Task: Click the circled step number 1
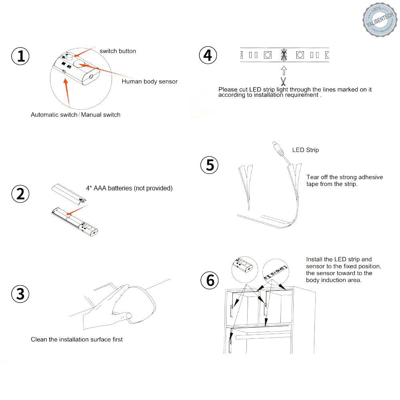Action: [x=20, y=56]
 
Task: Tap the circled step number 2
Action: [x=20, y=194]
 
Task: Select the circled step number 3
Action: [x=20, y=294]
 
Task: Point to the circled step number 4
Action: [x=208, y=55]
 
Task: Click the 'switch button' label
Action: [x=118, y=51]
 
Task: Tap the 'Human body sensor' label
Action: [x=150, y=82]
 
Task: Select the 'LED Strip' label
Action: [x=306, y=150]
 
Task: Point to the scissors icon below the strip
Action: [x=284, y=82]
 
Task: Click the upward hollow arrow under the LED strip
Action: [x=284, y=71]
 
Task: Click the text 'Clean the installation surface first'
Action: [x=77, y=340]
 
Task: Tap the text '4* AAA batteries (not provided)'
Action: [x=129, y=188]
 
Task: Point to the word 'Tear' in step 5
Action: [x=313, y=177]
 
